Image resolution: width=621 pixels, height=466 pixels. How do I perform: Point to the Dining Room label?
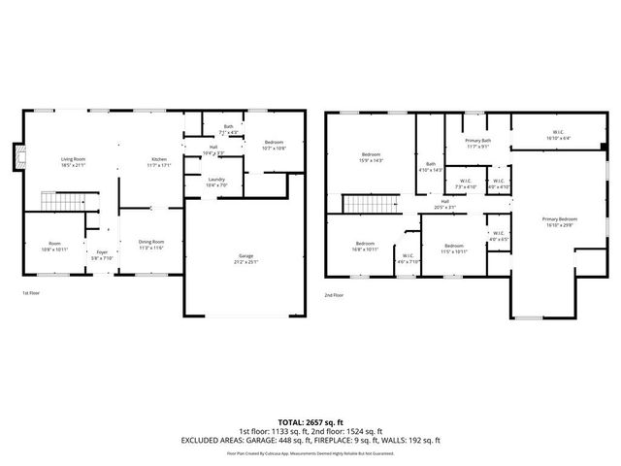click(150, 244)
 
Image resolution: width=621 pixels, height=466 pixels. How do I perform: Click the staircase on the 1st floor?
click(58, 202)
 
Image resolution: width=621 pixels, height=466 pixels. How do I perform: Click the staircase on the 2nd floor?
click(368, 204)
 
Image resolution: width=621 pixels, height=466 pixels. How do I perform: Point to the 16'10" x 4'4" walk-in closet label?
click(559, 136)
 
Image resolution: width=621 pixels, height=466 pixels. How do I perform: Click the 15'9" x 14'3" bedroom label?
click(372, 157)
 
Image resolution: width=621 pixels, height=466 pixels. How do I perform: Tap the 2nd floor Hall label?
click(445, 205)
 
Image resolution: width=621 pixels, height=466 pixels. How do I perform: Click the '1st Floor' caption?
click(32, 292)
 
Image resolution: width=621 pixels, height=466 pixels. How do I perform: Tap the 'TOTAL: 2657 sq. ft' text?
click(310, 421)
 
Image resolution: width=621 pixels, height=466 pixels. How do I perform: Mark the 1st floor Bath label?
click(228, 129)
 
